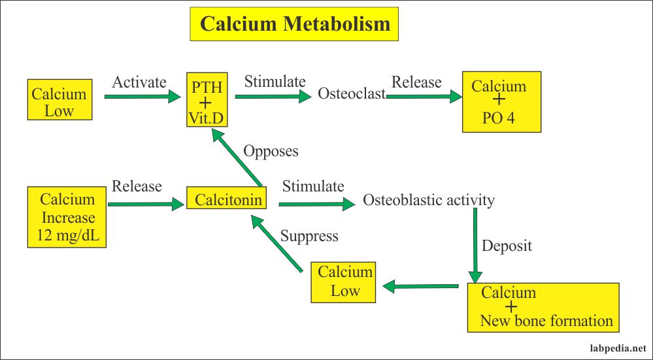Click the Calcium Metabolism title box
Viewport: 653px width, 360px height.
[x=294, y=24]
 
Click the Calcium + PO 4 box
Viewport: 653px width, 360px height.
[x=501, y=101]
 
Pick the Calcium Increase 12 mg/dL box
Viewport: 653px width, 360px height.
[x=67, y=218]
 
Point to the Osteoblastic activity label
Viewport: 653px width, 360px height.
[x=428, y=200]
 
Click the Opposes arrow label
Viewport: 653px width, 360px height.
[x=271, y=151]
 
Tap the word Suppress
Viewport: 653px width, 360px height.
[x=309, y=236]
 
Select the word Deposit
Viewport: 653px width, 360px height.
[x=507, y=246]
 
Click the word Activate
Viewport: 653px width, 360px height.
[x=139, y=82]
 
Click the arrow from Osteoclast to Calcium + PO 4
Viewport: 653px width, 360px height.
[x=424, y=97]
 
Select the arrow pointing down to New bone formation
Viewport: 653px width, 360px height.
[x=475, y=248]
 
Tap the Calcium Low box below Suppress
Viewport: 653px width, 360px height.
[x=344, y=282]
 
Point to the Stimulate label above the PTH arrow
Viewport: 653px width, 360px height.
[x=275, y=82]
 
